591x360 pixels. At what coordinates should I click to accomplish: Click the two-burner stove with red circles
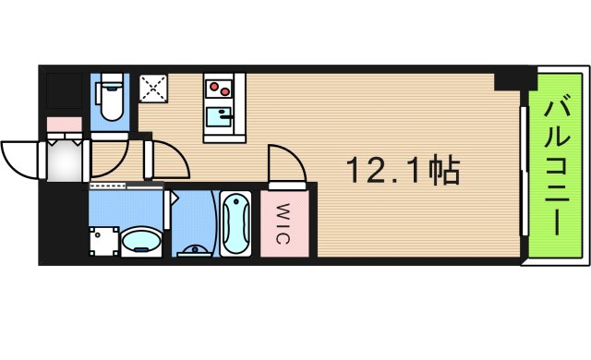(x=220, y=90)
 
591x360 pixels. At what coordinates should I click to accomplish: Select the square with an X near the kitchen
(x=151, y=90)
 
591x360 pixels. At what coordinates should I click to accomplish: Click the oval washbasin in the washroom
(x=140, y=242)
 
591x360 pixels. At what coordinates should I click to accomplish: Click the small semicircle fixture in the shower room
(x=195, y=246)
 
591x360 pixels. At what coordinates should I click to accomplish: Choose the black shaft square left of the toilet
(x=65, y=90)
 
